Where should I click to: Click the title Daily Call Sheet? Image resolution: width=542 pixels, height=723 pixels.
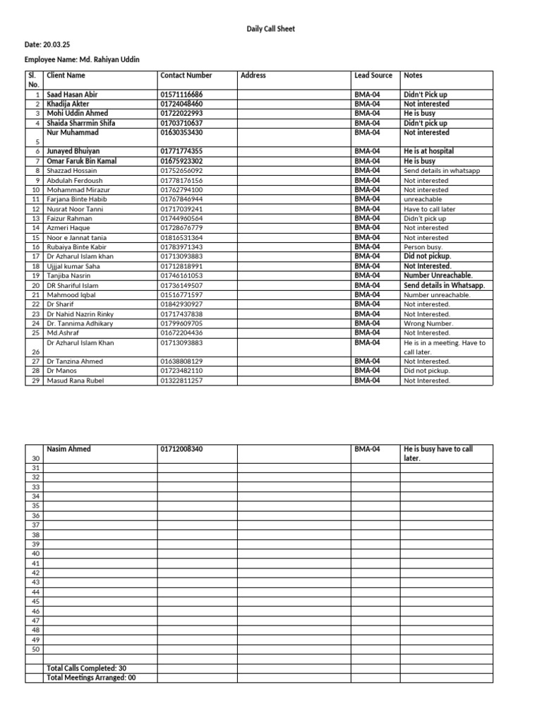271,29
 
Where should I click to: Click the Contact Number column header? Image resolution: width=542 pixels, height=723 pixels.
186,75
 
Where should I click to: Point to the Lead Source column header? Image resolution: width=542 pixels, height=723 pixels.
373,75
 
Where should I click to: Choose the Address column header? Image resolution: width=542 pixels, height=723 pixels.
253,75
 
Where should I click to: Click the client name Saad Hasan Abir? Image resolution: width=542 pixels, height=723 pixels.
72,94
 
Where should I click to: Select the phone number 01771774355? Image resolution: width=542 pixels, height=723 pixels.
181,151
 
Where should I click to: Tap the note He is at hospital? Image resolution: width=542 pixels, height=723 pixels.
428,151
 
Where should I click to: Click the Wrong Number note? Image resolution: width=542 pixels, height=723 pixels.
428,323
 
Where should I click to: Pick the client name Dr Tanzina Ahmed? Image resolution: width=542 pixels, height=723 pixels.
74,361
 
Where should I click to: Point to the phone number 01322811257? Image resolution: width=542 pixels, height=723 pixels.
181,381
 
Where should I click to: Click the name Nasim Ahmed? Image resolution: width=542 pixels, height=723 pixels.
68,449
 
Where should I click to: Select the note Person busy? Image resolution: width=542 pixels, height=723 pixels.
423,247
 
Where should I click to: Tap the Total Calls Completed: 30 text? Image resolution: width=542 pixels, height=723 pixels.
87,668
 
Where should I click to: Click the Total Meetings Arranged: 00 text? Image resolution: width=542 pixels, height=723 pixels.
91,678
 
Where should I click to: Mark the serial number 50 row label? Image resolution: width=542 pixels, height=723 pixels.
36,649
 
